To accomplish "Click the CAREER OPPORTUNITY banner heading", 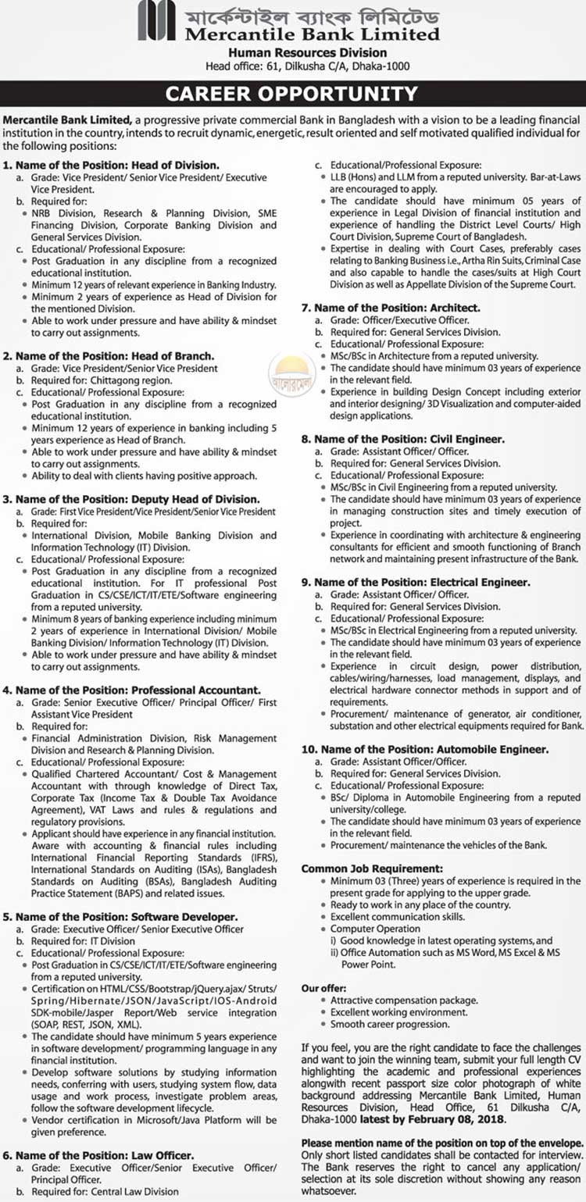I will (292, 95).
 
